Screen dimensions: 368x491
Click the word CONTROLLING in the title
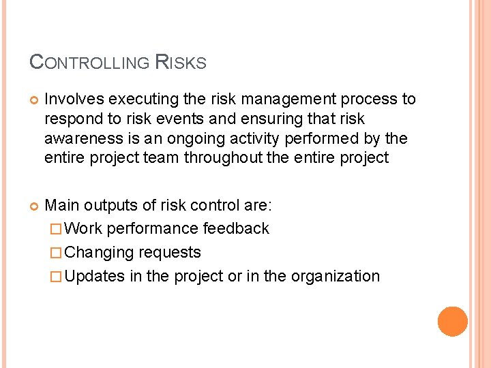click(x=89, y=63)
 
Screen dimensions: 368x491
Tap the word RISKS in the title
click(x=181, y=63)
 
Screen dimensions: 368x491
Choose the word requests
click(x=170, y=252)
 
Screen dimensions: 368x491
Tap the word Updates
click(x=95, y=276)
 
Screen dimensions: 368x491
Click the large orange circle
click(x=453, y=322)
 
